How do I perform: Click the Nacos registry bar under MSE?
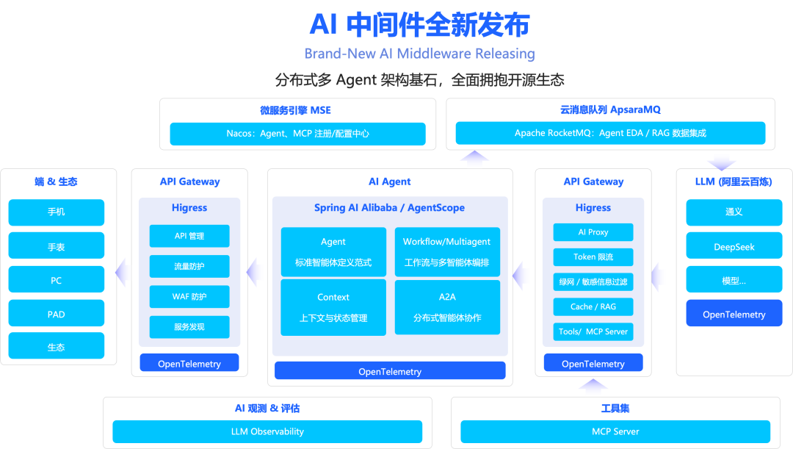(297, 134)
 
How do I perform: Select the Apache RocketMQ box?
(610, 133)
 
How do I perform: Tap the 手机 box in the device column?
(57, 212)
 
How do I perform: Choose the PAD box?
(57, 314)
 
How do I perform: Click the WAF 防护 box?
(189, 297)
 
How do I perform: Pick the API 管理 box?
(189, 236)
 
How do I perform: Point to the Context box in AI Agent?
(333, 307)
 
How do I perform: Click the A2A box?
(447, 307)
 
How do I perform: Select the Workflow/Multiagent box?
(447, 251)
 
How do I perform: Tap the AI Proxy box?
(593, 232)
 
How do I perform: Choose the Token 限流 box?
(593, 257)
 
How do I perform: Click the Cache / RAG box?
(593, 306)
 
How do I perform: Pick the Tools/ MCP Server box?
(593, 331)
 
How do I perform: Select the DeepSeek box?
(734, 247)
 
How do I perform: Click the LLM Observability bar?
(267, 431)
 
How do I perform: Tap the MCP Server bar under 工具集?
(615, 431)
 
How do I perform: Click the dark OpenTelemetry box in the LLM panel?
(734, 315)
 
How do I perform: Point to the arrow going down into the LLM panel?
(721, 159)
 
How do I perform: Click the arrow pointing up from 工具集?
(593, 387)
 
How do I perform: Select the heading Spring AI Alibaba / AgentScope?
(389, 208)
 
